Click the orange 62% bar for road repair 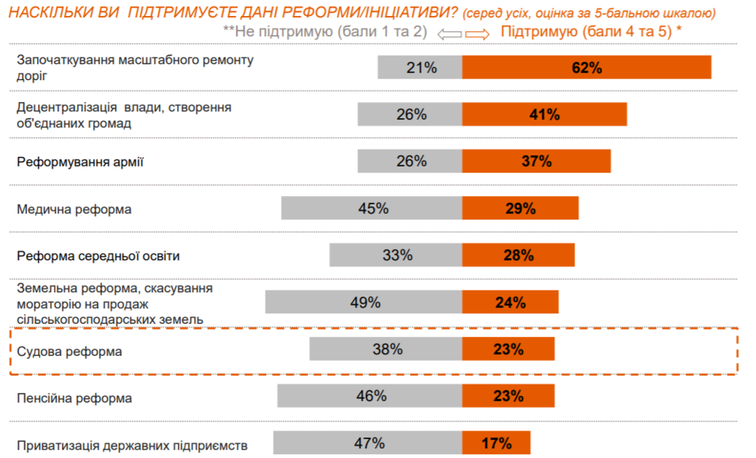coord(587,67)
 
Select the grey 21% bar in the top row coord(420,67)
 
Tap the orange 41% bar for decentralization coord(544,114)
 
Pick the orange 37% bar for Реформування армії coord(536,161)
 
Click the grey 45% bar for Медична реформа coord(372,208)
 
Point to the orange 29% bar coord(520,208)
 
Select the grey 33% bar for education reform coord(396,255)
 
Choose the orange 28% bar coord(518,255)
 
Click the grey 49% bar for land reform coord(364,302)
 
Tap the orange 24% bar coord(510,302)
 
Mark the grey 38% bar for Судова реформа coord(386,349)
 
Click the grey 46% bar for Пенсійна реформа coord(370,396)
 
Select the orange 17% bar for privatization coord(496,443)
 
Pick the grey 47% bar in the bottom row coord(368,443)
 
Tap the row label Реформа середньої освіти coord(98,256)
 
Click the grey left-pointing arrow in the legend coord(449,33)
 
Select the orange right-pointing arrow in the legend coord(478,33)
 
